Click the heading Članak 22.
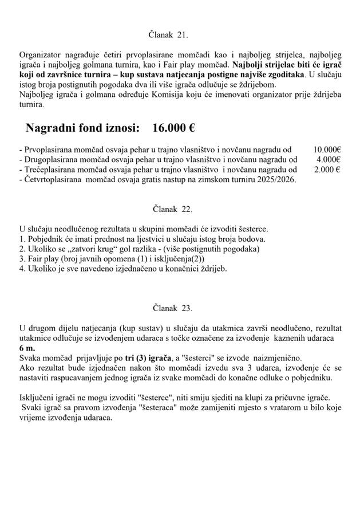[172, 209]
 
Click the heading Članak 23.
[172, 308]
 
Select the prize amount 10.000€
[327, 150]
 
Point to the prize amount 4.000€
[329, 159]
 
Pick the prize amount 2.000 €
[327, 170]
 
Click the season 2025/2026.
[275, 179]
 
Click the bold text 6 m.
[27, 348]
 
